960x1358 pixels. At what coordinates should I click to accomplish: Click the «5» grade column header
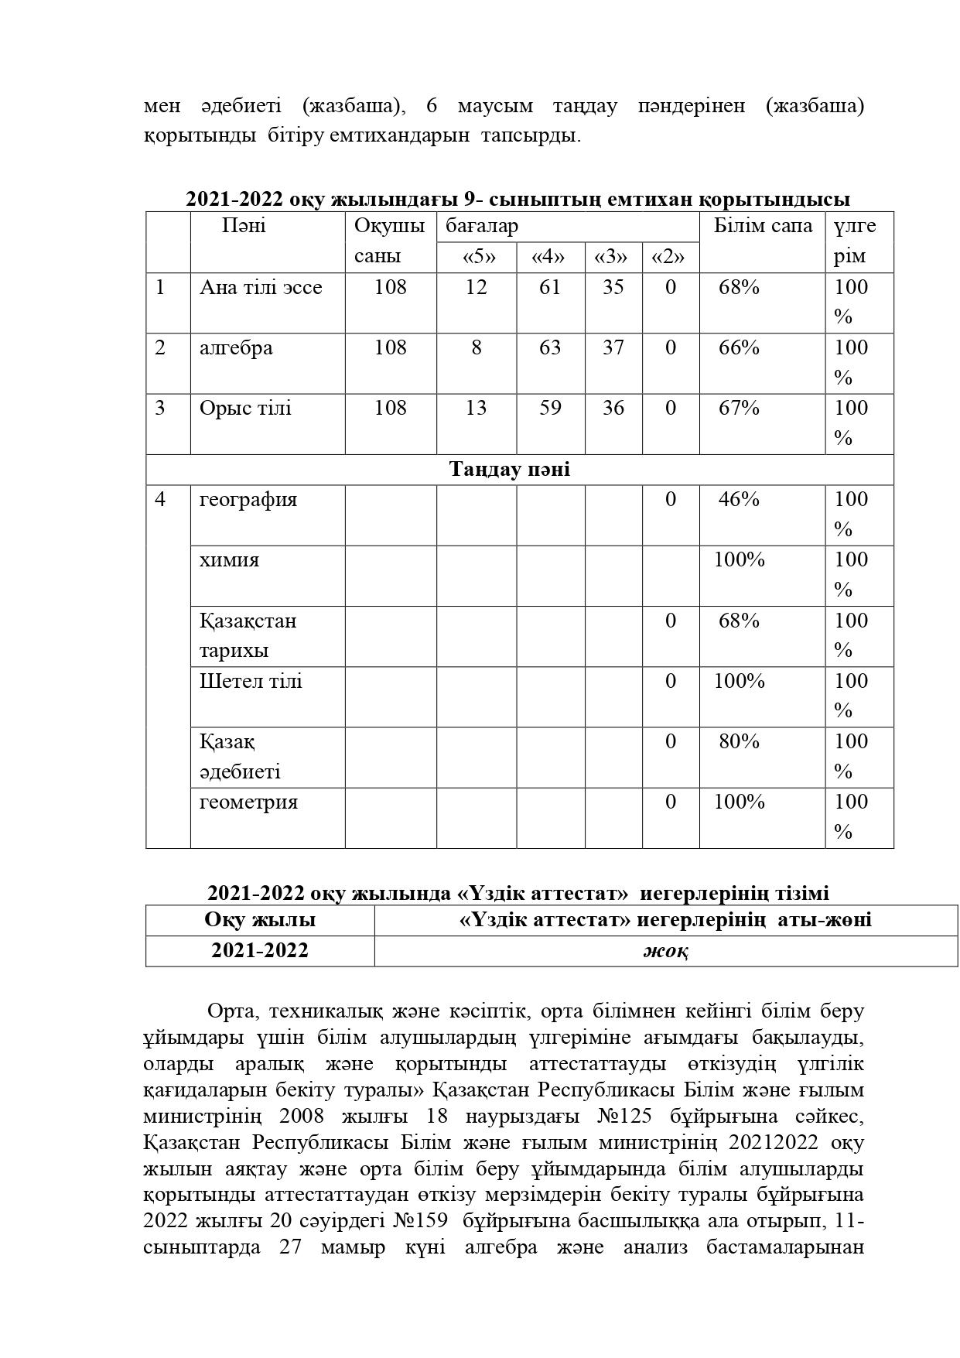point(477,257)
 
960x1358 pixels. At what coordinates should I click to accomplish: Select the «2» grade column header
point(670,257)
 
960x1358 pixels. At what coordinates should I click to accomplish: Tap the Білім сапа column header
point(762,226)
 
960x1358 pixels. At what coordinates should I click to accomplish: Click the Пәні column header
point(244,226)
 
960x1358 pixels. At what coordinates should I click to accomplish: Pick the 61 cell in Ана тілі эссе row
point(550,288)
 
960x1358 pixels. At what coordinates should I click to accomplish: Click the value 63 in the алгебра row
point(550,348)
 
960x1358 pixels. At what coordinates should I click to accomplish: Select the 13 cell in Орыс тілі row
point(477,409)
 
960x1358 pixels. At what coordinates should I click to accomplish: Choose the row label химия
point(229,560)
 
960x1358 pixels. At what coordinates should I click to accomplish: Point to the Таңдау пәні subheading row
point(510,470)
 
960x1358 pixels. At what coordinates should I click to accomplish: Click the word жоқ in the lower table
point(665,951)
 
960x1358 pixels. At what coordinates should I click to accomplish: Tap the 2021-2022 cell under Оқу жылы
point(260,951)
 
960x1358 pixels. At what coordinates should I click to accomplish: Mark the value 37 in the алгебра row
point(613,348)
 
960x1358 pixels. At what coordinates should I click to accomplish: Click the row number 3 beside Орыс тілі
point(160,409)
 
